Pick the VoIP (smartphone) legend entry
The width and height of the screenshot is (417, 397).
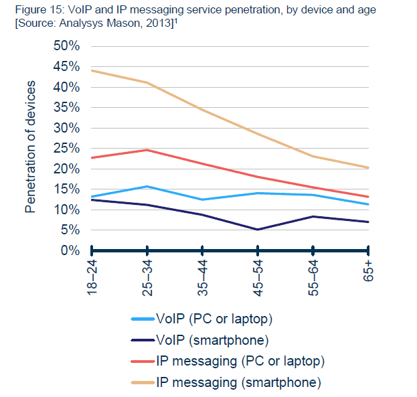pyautogui.click(x=212, y=339)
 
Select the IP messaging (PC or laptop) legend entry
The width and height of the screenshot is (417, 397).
pyautogui.click(x=240, y=361)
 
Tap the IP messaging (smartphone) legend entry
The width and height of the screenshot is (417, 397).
pyautogui.click(x=238, y=383)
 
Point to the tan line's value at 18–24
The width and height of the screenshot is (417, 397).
pyautogui.click(x=92, y=70)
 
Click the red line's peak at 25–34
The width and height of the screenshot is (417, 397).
pyautogui.click(x=147, y=150)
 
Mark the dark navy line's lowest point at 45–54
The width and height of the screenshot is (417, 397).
pyautogui.click(x=258, y=230)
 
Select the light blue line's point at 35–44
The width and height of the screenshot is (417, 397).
pyautogui.click(x=202, y=200)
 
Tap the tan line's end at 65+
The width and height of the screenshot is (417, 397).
pyautogui.click(x=368, y=167)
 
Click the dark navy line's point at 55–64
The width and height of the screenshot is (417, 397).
pyautogui.click(x=313, y=216)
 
